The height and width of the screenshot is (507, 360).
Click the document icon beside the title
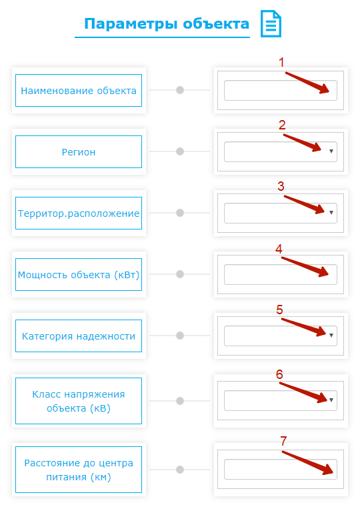click(271, 23)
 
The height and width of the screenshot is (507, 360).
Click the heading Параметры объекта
click(167, 24)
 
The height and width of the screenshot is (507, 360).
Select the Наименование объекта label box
click(79, 90)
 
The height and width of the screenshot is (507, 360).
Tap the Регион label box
click(79, 151)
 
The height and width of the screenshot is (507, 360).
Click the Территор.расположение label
click(79, 213)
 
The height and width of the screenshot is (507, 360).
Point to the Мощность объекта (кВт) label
click(79, 275)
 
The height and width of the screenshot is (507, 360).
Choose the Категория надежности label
click(79, 336)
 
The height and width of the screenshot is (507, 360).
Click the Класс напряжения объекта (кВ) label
click(79, 401)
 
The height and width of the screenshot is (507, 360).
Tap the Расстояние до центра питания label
click(79, 470)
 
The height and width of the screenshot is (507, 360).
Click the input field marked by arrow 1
click(281, 90)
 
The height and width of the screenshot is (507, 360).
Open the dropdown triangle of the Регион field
click(331, 151)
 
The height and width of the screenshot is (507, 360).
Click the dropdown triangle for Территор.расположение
click(331, 213)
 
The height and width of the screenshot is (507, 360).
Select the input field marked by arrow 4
click(281, 275)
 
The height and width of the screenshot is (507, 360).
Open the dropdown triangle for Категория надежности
click(331, 336)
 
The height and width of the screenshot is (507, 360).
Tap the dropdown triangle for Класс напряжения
click(331, 400)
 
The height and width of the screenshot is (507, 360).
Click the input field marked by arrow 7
click(281, 469)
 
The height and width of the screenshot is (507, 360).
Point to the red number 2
click(282, 125)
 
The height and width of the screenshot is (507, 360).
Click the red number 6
click(279, 374)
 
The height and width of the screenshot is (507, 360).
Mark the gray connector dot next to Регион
click(180, 151)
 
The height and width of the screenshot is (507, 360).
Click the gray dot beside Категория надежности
click(180, 336)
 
